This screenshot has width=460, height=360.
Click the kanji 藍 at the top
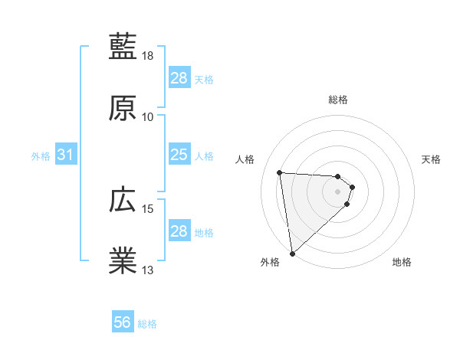123,47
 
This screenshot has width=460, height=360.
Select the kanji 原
123,109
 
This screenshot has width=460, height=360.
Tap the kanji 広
123,200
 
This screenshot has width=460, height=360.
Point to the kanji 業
123,261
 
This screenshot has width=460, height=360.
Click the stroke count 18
148,56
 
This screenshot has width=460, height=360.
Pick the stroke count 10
148,117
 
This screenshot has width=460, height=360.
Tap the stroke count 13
148,270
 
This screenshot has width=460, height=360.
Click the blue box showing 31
66,155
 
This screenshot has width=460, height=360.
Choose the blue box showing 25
179,155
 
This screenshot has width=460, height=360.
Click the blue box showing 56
122,323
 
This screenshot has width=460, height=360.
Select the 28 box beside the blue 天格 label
179,78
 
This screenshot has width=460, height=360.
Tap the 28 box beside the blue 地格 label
179,231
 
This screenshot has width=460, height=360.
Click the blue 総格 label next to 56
147,324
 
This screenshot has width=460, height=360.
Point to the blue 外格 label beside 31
41,156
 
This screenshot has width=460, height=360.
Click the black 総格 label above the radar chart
338,100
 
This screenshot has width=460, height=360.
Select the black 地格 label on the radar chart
402,263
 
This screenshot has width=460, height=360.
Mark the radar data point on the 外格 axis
292,254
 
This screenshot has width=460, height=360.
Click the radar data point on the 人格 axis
280,172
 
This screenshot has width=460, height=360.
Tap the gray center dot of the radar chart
338,191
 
